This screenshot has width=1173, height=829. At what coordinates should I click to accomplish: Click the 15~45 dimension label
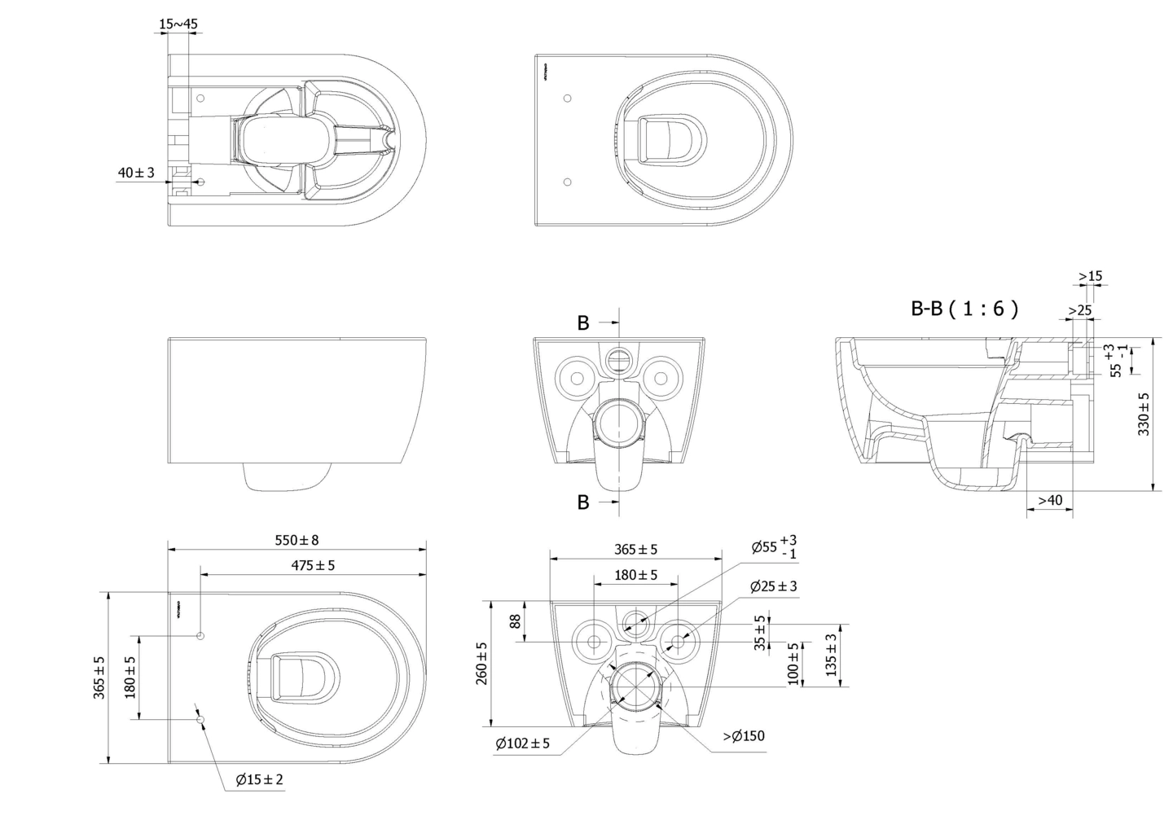point(178,24)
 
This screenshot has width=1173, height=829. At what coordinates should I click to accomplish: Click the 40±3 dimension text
point(136,173)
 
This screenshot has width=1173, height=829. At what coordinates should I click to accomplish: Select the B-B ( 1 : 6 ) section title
point(964,309)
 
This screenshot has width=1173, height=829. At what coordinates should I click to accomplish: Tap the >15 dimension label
point(1090,276)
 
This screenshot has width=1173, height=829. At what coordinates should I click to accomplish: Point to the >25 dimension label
point(1079,310)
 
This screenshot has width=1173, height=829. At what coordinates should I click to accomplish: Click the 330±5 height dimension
point(1144,414)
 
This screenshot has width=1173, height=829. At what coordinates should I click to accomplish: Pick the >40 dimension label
point(1049,500)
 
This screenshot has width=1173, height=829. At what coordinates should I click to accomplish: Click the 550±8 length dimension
point(297,540)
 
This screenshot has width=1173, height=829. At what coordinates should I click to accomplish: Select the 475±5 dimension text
point(313,564)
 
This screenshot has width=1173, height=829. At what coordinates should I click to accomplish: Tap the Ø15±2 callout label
point(260,779)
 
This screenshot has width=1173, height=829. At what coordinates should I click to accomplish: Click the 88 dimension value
point(515,621)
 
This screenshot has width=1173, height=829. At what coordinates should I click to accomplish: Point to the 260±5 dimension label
point(481,663)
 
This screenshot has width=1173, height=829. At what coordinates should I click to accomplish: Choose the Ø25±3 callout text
point(773,586)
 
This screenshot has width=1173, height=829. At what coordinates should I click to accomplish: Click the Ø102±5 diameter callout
point(522,743)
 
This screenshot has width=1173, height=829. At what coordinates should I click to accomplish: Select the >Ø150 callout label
point(744,736)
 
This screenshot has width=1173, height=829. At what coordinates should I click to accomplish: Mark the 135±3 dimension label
point(830,655)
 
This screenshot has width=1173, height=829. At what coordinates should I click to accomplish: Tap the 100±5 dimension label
point(793,664)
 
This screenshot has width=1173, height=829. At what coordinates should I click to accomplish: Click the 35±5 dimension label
point(759,634)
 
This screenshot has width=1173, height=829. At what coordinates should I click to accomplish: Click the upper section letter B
point(583,323)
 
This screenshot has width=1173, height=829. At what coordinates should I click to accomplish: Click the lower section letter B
point(583,502)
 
